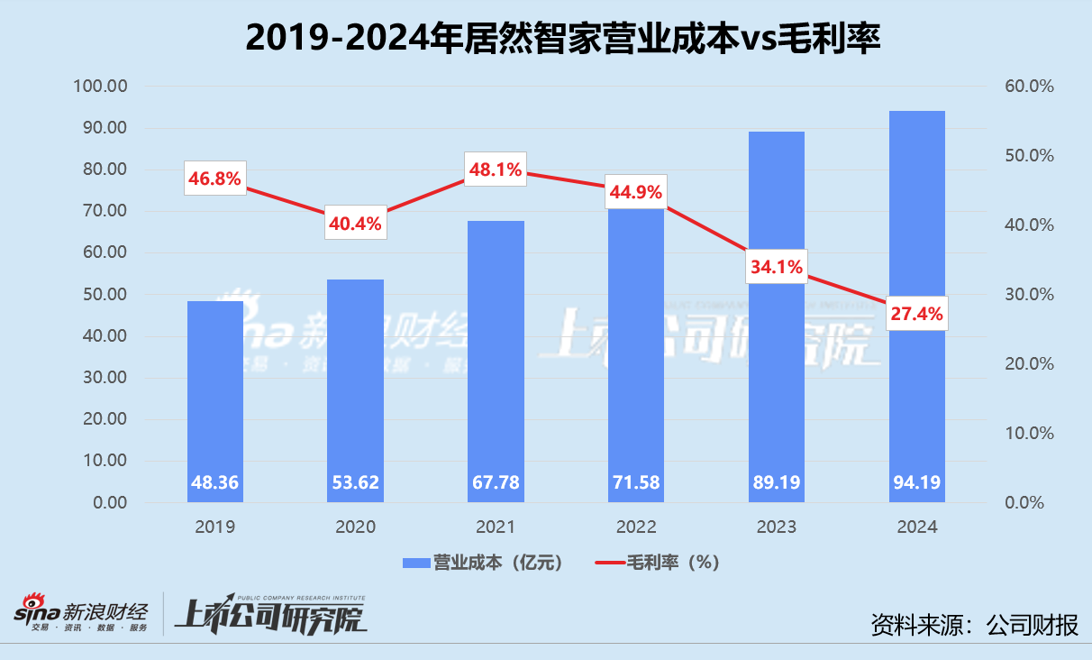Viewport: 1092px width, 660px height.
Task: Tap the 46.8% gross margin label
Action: point(214,179)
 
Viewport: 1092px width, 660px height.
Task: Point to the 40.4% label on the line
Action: point(355,223)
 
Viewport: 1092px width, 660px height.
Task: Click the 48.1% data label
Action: point(495,170)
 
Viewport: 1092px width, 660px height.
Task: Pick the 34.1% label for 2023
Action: point(777,266)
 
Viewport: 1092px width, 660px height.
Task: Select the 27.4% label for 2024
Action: point(916,313)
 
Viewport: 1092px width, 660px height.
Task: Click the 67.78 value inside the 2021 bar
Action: point(496,482)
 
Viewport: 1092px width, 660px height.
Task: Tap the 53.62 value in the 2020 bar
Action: point(355,482)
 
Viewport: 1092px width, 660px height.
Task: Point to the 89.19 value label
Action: point(777,482)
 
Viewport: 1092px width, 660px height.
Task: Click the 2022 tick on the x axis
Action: point(636,527)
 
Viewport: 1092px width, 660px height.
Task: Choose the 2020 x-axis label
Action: point(355,527)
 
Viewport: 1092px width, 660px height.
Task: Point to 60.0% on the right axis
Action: point(1028,87)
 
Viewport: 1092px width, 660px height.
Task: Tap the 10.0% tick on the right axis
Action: point(1028,434)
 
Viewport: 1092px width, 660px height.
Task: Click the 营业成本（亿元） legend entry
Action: point(484,563)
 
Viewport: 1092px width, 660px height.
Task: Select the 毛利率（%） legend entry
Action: point(657,563)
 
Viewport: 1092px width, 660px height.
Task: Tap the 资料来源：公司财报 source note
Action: point(974,624)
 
